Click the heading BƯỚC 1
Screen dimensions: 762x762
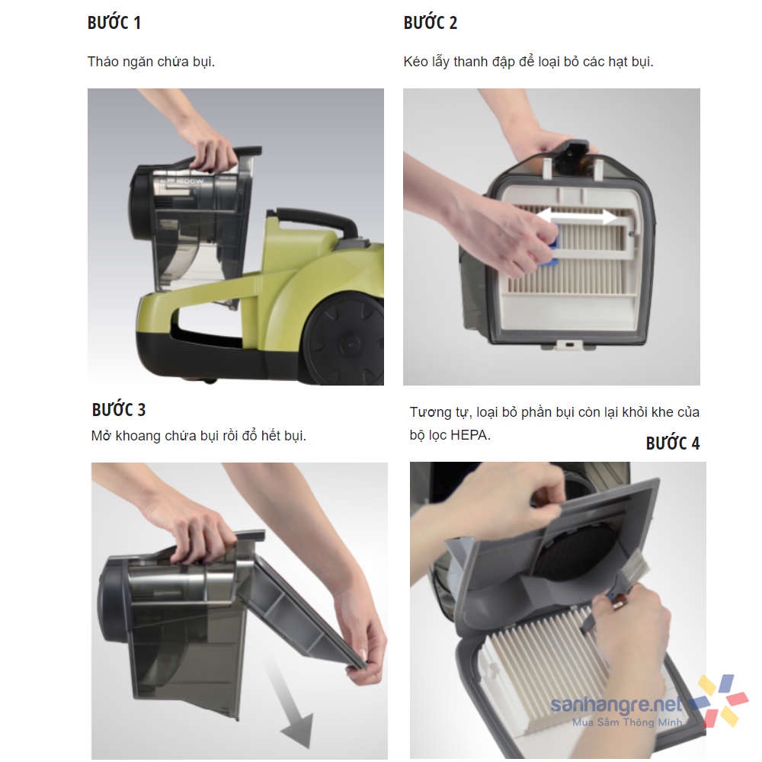coord(114,23)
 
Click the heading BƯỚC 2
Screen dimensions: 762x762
coord(430,23)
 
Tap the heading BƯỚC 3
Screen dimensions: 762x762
coord(119,410)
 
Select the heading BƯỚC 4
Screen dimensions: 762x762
coord(673,443)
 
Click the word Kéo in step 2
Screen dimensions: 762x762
coord(415,62)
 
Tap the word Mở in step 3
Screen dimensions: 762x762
coord(101,435)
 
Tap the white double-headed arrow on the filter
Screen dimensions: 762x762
coord(578,216)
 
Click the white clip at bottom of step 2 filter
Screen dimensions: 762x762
coord(569,345)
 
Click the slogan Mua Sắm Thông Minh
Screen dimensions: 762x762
coord(627,722)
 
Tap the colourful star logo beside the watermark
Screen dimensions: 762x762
coord(719,700)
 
